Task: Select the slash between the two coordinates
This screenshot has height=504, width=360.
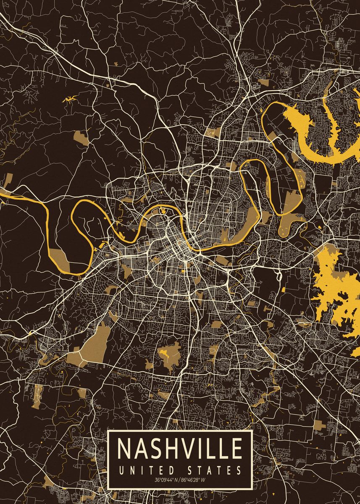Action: click(x=180, y=480)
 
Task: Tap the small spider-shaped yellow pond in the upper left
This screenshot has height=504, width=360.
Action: click(x=68, y=100)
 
